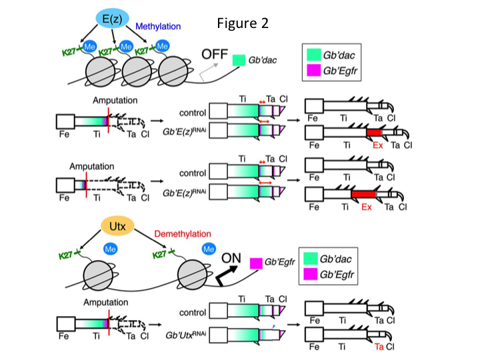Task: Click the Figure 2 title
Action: point(243,23)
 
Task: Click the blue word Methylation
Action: point(158,27)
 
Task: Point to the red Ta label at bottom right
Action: point(379,347)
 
